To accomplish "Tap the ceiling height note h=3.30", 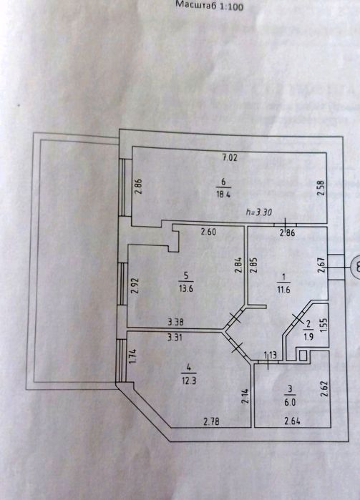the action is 259,212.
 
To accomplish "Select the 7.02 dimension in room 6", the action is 230,157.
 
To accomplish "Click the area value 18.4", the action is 223,195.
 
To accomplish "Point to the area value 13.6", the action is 186,289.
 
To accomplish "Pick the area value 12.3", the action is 189,381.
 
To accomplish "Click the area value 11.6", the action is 283,290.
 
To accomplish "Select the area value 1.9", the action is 308,336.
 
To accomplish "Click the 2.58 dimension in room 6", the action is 321,189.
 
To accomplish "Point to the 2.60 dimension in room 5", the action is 208,232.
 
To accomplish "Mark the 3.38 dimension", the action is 175,322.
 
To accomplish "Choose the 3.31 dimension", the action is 174,337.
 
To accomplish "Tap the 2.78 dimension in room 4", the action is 211,422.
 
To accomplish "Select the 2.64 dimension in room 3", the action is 292,421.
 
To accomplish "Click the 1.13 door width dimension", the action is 270,355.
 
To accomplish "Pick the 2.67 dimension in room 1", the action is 321,265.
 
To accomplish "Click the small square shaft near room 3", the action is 303,355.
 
